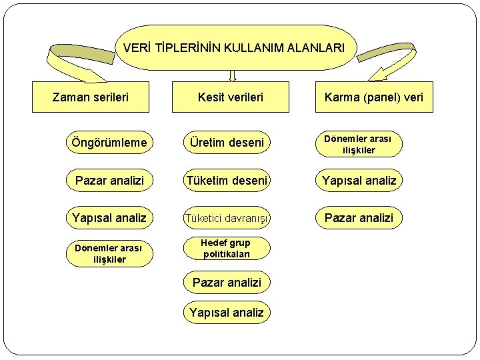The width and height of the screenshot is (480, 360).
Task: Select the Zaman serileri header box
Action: click(91, 97)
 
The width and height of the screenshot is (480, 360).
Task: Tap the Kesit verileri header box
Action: click(231, 97)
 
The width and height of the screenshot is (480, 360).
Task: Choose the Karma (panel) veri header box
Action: click(374, 97)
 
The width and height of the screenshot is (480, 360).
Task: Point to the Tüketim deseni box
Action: click(227, 180)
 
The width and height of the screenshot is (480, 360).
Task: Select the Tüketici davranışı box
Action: click(227, 217)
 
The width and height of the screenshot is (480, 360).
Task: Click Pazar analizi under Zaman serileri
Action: click(110, 180)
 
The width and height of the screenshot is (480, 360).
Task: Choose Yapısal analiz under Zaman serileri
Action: click(110, 217)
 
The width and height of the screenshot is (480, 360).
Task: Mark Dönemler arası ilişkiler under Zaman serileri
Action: click(109, 254)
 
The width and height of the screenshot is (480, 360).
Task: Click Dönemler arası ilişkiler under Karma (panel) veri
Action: click(359, 144)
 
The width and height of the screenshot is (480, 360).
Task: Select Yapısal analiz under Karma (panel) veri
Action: click(359, 180)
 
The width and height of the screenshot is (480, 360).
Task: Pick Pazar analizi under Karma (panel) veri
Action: click(359, 217)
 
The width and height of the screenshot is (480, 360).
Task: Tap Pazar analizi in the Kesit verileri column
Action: click(227, 283)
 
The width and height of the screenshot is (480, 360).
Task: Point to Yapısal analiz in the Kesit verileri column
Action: click(227, 312)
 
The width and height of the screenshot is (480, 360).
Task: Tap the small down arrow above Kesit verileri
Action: click(232, 75)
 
